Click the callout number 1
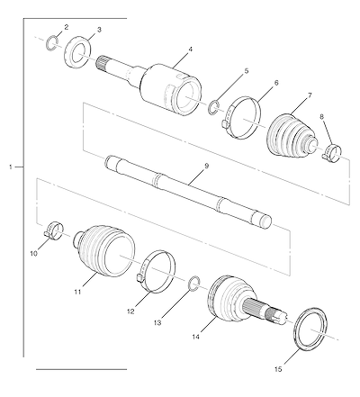pos(11,167)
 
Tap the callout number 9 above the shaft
pos(206,166)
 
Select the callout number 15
pos(278,369)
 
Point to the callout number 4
pos(190,50)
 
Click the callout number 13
pos(157,323)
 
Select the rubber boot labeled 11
pos(103,250)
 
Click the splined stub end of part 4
pos(102,63)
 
